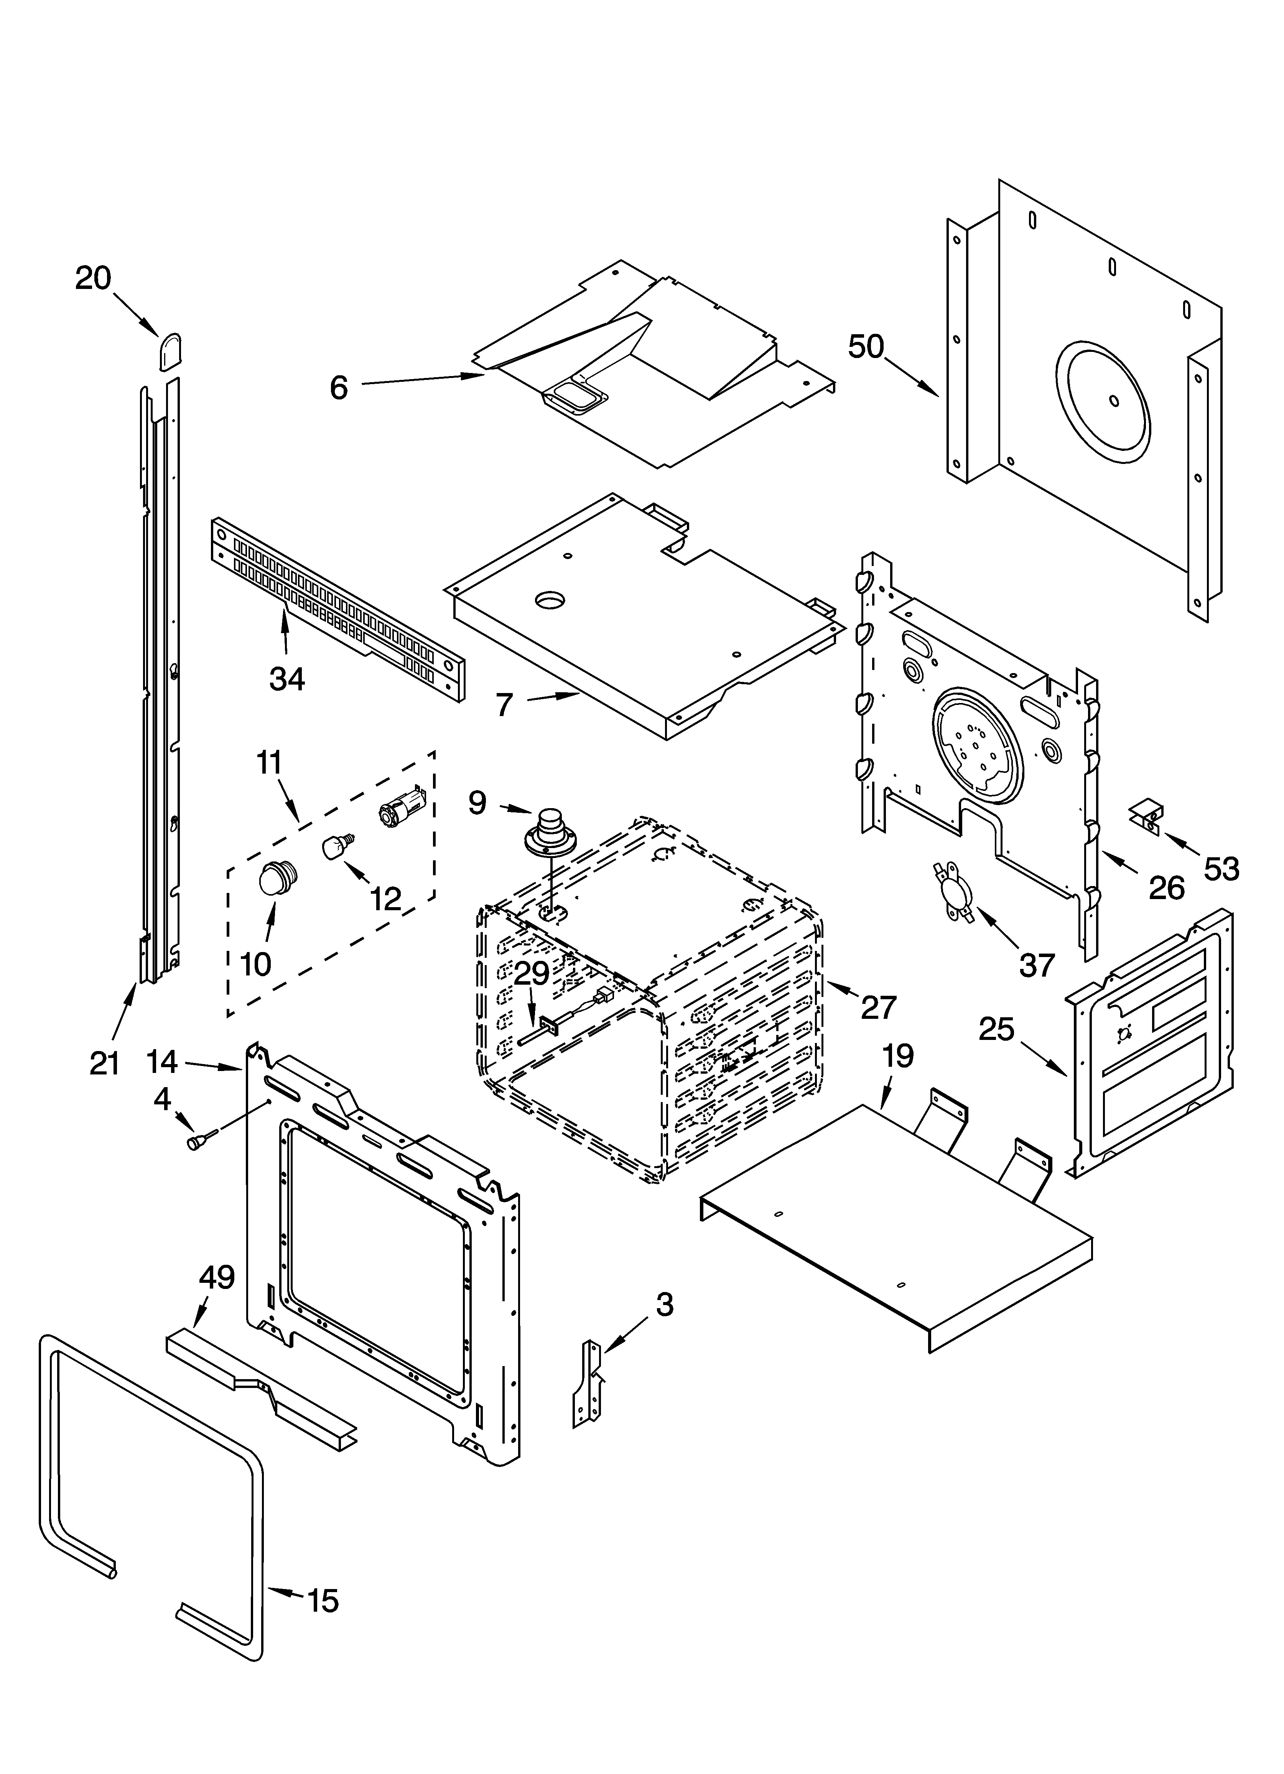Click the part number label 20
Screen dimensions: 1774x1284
93,278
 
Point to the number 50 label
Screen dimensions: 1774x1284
866,347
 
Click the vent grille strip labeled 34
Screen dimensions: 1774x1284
336,610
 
